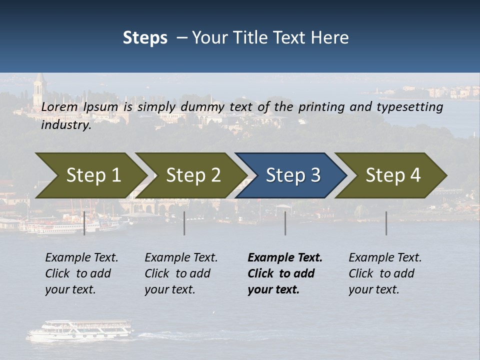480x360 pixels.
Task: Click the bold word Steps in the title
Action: point(145,38)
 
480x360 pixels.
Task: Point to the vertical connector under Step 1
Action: point(84,223)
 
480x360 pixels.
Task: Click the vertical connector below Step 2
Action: point(184,223)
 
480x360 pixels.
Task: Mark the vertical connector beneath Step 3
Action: point(285,223)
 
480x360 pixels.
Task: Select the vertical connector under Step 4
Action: point(386,223)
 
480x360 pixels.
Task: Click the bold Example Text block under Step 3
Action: point(284,273)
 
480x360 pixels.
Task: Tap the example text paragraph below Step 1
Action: point(81,273)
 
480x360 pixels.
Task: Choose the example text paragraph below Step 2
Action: point(181,273)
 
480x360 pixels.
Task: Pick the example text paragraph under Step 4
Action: point(385,273)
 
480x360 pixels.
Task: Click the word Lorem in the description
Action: point(59,106)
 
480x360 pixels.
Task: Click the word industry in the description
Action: point(66,125)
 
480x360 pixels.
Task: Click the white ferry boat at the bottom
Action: point(80,330)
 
